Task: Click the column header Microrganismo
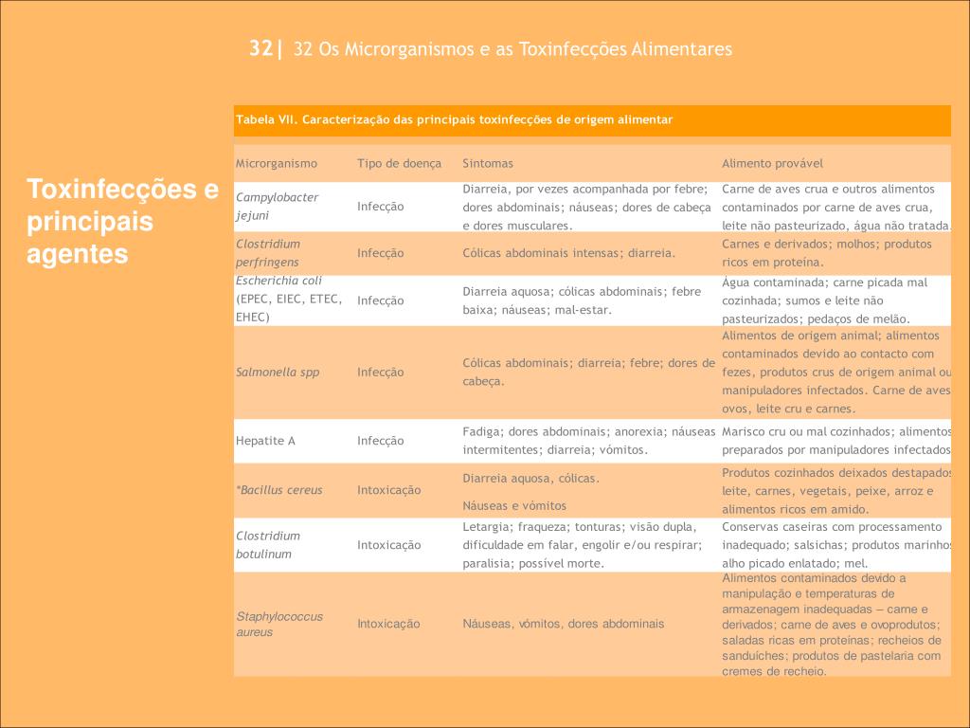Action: (277, 163)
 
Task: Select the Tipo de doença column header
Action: (399, 163)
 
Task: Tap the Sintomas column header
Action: (488, 163)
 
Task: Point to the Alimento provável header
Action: (772, 163)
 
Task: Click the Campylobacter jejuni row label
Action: (277, 206)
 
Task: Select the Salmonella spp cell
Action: (278, 372)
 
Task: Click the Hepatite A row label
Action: (265, 441)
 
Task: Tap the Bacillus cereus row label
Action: (280, 490)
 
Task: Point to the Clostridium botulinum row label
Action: (268, 544)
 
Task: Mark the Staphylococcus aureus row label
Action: (279, 624)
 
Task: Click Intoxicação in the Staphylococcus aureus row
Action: (388, 624)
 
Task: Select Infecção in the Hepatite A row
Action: (380, 441)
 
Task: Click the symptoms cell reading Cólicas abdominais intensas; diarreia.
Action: (568, 253)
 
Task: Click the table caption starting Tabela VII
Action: (454, 119)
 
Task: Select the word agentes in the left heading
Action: (76, 254)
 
